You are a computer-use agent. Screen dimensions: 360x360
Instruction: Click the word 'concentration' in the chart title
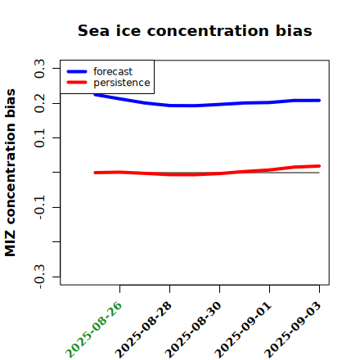(x=209, y=30)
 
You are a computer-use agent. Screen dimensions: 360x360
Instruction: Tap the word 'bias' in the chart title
(x=294, y=30)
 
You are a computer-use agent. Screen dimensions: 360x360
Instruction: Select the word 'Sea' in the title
(x=93, y=30)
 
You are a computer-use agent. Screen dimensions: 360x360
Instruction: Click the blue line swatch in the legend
(x=77, y=71)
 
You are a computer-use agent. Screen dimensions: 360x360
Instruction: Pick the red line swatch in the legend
(x=77, y=83)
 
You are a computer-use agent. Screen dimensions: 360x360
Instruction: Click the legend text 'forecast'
(x=113, y=71)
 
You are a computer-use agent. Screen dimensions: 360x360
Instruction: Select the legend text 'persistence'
(x=122, y=83)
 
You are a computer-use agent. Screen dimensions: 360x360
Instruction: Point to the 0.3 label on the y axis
(x=39, y=69)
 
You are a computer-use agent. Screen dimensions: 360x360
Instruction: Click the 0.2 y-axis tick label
(x=39, y=103)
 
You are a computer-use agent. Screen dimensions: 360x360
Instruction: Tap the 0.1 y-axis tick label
(x=39, y=138)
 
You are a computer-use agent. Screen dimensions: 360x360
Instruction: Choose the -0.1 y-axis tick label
(x=39, y=208)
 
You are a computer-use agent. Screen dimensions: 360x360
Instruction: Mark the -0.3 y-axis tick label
(x=39, y=277)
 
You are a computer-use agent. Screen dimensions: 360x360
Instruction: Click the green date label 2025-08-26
(x=93, y=330)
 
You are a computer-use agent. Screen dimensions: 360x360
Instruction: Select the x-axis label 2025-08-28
(x=143, y=330)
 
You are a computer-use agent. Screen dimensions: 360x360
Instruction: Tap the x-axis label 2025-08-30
(x=193, y=330)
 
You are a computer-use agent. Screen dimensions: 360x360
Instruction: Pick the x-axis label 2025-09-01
(x=243, y=330)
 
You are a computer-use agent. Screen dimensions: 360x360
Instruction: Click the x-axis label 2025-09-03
(x=293, y=330)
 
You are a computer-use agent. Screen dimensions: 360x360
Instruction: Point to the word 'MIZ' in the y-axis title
(x=10, y=244)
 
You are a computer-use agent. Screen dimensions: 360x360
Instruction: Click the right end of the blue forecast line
(x=319, y=101)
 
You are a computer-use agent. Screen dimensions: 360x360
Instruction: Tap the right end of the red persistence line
(x=319, y=166)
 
